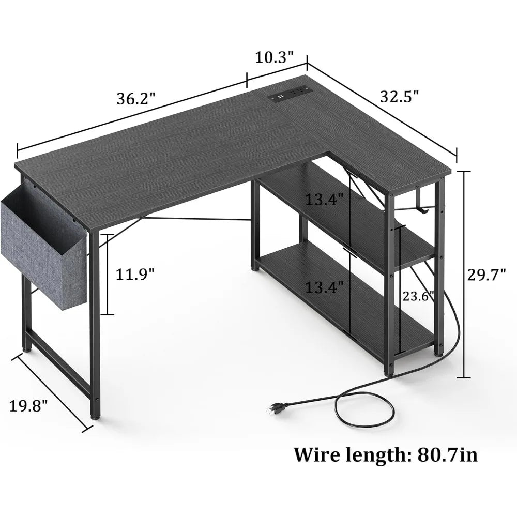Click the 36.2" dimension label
coord(136,98)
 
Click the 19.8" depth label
coord(29,404)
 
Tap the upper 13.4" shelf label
coord(324,199)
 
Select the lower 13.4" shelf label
coord(324,287)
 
